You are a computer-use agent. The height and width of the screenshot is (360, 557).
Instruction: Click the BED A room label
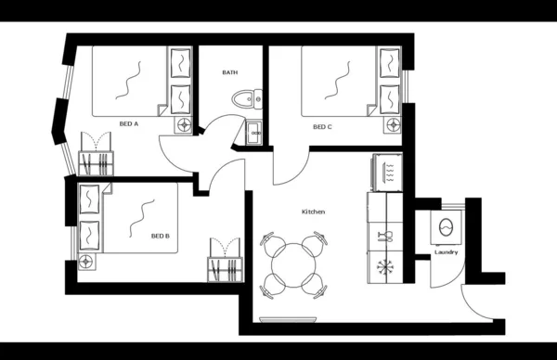[129, 123]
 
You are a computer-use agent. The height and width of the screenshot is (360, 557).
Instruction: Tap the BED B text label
[160, 236]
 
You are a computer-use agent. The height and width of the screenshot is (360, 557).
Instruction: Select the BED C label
[322, 127]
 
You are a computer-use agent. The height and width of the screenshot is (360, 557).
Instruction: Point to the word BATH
[230, 72]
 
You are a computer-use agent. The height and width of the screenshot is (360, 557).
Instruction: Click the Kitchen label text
[313, 212]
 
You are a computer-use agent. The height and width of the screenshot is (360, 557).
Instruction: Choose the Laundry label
[446, 252]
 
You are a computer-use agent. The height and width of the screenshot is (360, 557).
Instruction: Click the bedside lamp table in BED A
[184, 122]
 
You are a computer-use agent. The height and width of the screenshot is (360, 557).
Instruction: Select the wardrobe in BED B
[223, 263]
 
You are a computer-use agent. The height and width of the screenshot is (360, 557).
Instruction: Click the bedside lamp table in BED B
[88, 259]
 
